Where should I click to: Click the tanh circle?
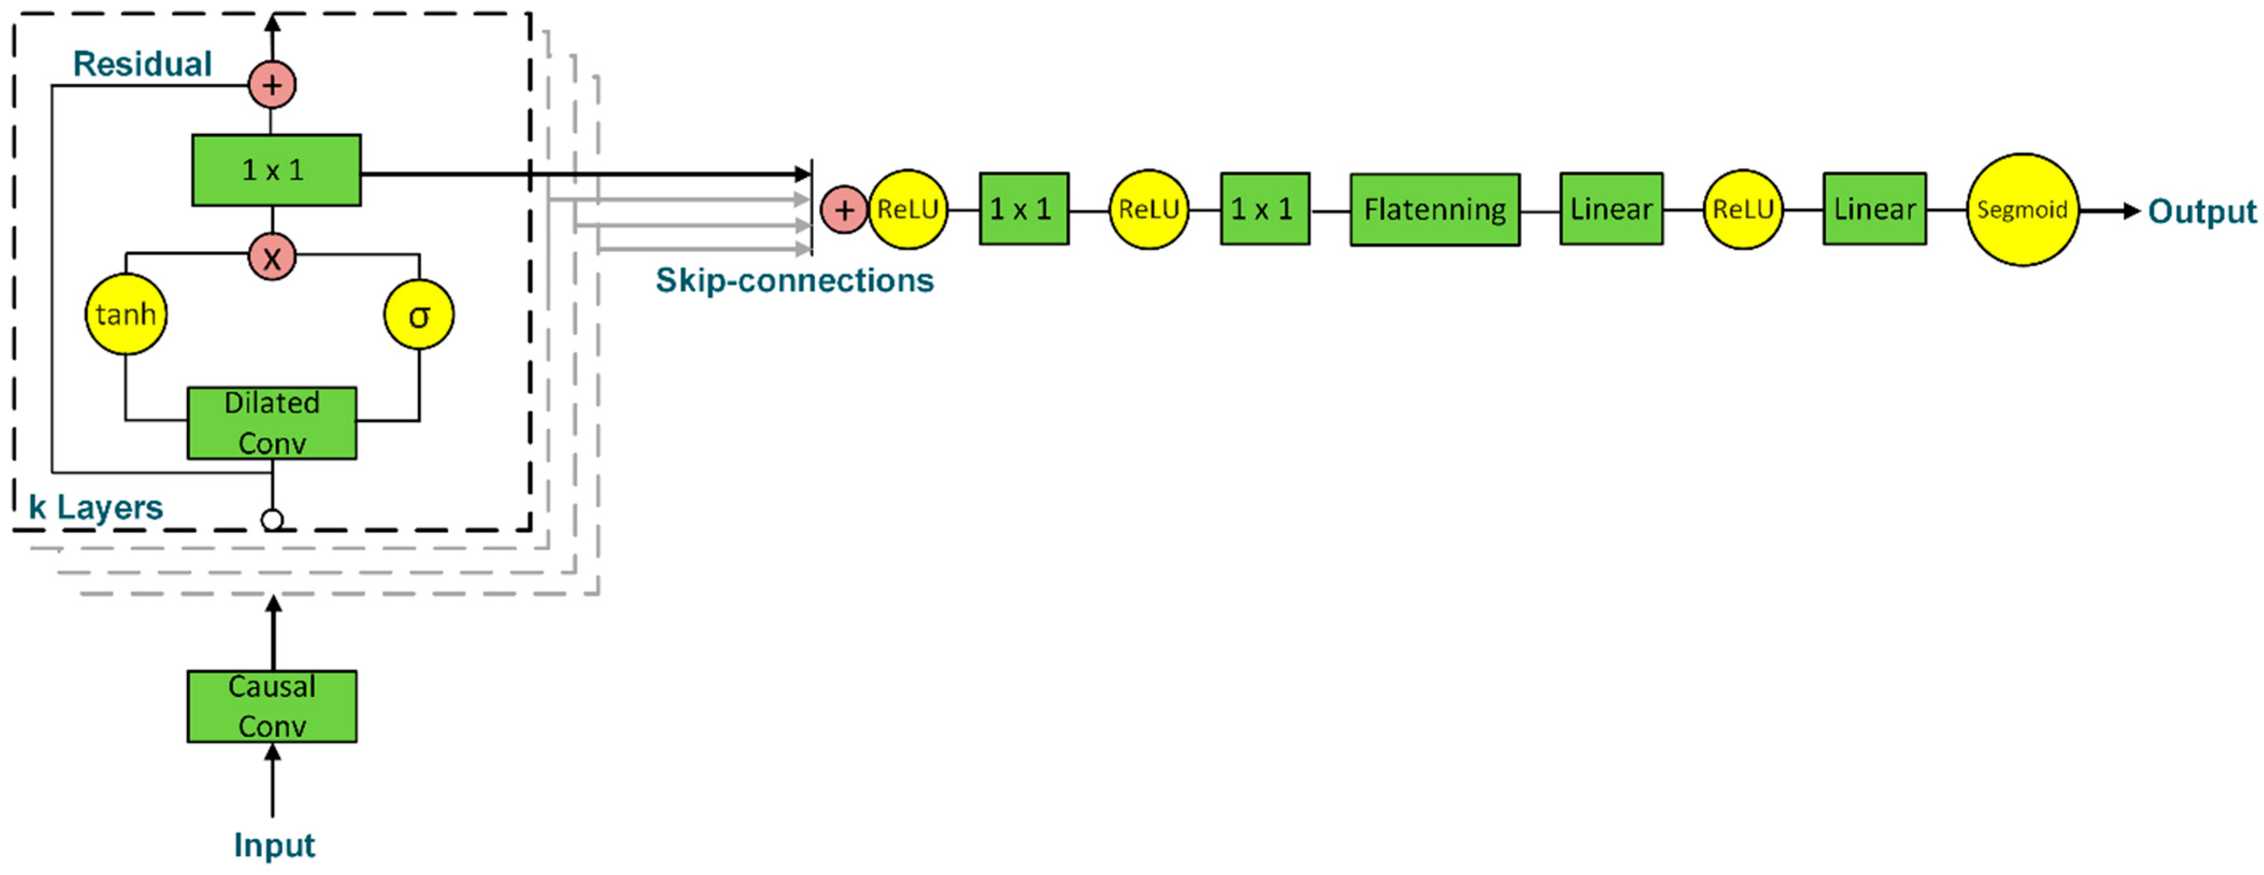(x=126, y=314)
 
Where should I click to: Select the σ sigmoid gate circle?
(x=419, y=315)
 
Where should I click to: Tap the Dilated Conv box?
(x=272, y=423)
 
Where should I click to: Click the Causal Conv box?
(x=272, y=706)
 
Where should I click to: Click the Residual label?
(x=142, y=64)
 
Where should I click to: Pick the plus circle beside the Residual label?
(x=273, y=86)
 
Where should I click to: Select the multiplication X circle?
(x=273, y=257)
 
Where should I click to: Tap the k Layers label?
(x=96, y=507)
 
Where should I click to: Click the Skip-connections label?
(x=795, y=280)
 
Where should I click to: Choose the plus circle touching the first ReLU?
(x=843, y=210)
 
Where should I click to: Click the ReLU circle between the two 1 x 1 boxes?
(x=1149, y=209)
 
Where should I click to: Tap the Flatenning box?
(x=1434, y=209)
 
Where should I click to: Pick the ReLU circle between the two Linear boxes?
(x=1743, y=209)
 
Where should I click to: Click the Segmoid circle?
(x=2022, y=209)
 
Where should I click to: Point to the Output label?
(x=2202, y=211)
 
